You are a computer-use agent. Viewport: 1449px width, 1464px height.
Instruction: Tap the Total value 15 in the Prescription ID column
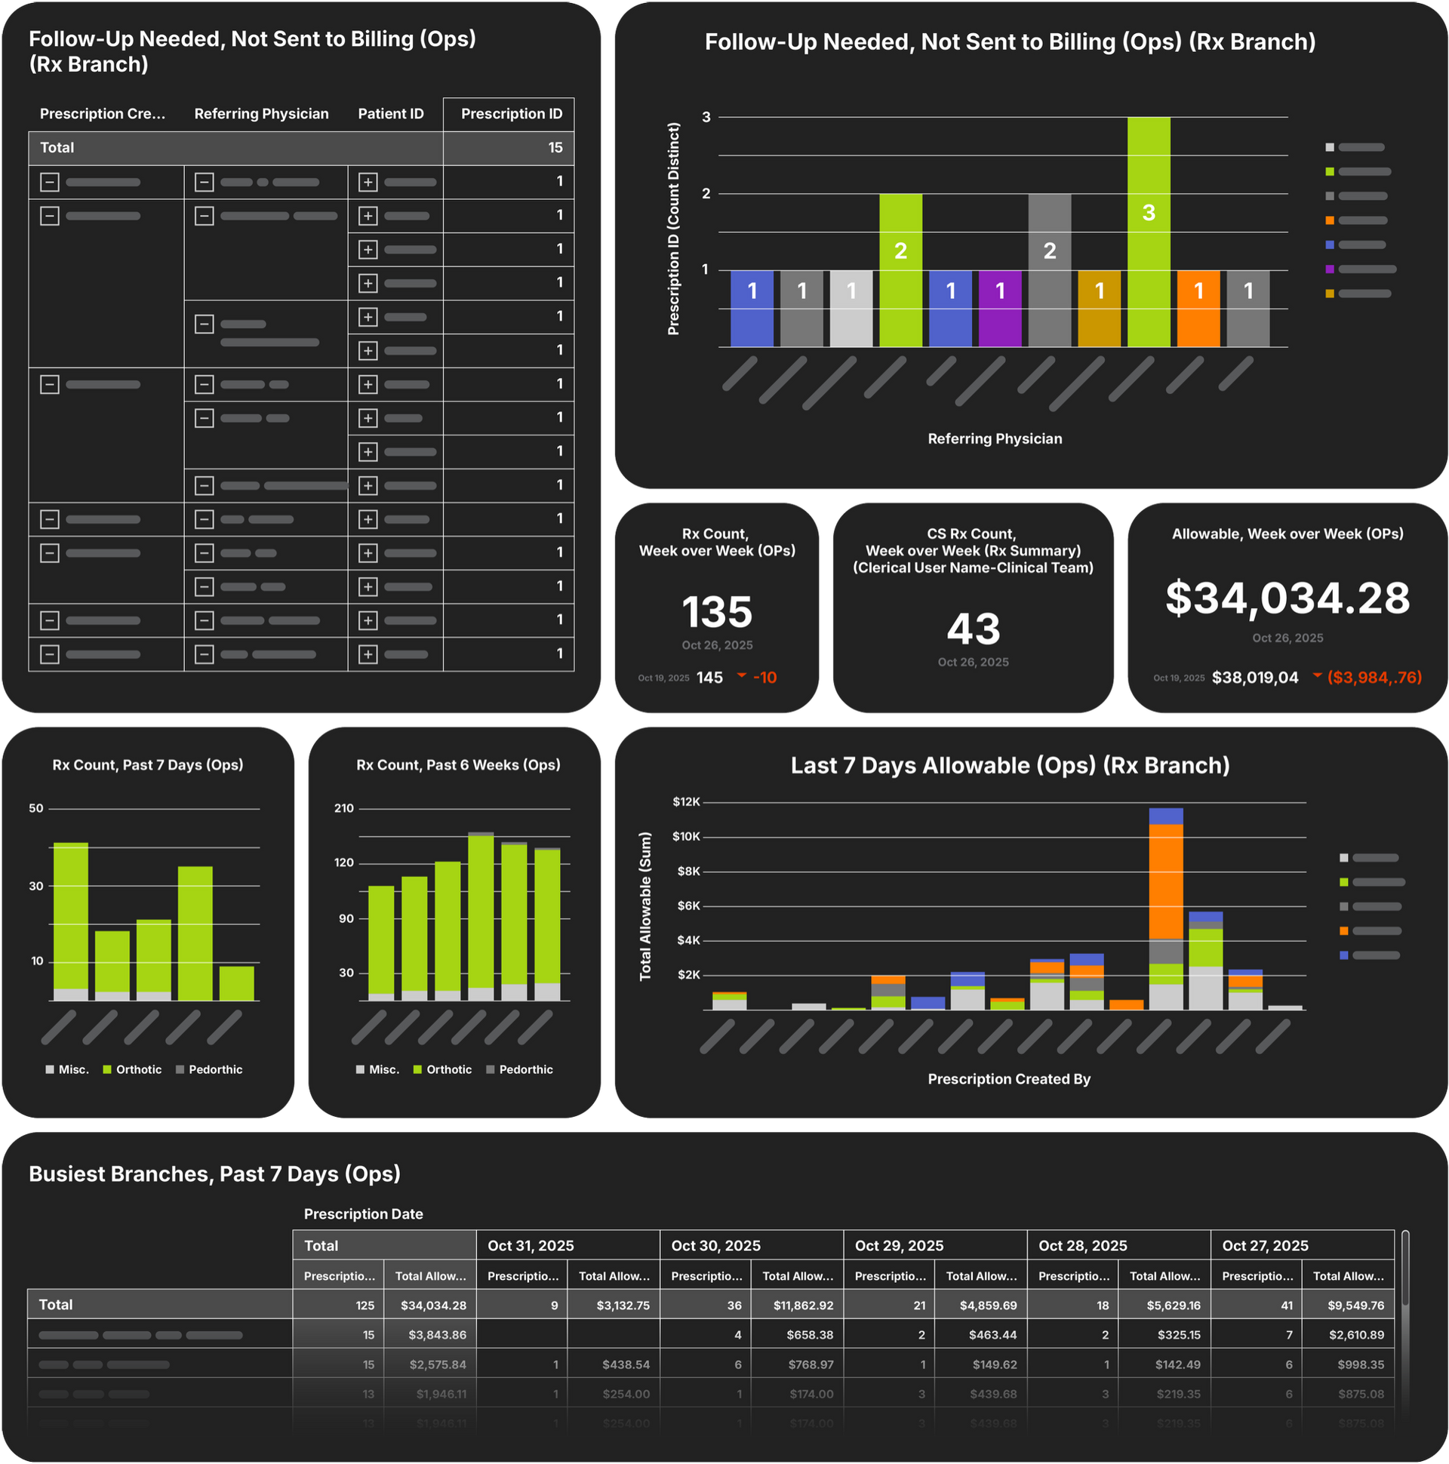[x=555, y=148]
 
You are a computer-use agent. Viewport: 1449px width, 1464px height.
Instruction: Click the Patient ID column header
[x=390, y=114]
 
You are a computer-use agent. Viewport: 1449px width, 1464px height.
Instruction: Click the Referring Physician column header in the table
[x=261, y=114]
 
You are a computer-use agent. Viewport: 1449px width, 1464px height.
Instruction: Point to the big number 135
[x=716, y=611]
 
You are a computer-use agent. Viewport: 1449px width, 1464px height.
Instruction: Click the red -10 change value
[x=764, y=678]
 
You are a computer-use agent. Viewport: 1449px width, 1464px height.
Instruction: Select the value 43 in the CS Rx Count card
[x=973, y=629]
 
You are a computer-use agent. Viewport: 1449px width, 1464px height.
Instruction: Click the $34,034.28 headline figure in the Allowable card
[x=1287, y=598]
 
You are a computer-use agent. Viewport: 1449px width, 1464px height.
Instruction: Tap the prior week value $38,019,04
[x=1254, y=678]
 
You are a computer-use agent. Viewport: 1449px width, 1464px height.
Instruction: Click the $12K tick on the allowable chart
[x=686, y=801]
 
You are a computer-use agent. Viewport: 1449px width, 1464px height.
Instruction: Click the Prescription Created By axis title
[x=1009, y=1079]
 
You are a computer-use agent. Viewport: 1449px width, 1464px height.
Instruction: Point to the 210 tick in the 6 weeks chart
[x=344, y=808]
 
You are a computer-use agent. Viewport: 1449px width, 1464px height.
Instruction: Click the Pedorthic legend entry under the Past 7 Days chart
[x=215, y=1069]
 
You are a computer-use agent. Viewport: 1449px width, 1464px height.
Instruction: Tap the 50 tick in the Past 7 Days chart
[x=35, y=808]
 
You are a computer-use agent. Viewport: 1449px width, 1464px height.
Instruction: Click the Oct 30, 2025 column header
[x=715, y=1246]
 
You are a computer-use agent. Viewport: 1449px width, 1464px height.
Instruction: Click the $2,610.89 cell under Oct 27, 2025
[x=1355, y=1335]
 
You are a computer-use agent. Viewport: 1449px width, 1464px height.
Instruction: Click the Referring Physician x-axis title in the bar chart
[x=994, y=438]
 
